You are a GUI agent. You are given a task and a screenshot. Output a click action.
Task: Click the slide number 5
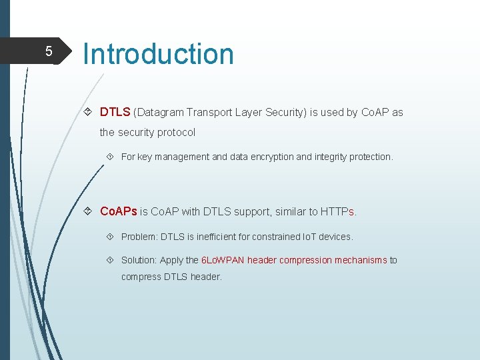coord(48,51)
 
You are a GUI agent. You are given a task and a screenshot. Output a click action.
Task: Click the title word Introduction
coord(159,54)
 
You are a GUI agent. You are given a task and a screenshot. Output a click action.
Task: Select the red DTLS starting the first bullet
coord(115,112)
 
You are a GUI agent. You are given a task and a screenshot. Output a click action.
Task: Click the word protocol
coord(176,132)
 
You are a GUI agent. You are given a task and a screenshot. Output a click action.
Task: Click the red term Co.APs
coord(118,211)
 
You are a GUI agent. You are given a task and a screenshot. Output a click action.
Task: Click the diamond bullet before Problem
coord(111,237)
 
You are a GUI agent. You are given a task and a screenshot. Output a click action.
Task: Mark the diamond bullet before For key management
coord(111,157)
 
